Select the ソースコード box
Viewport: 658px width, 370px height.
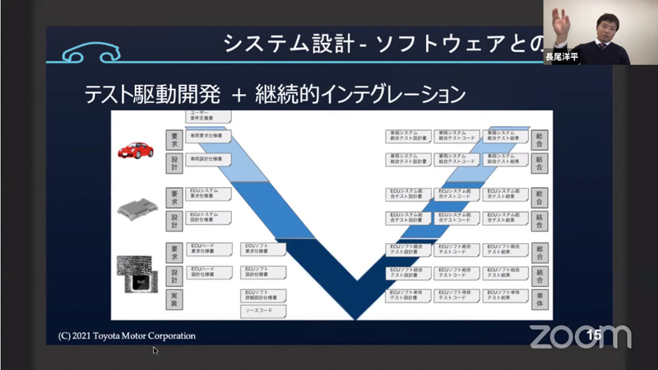coord(263,311)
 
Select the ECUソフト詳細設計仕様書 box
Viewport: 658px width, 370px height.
coord(263,294)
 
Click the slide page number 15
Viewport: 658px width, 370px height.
coord(594,334)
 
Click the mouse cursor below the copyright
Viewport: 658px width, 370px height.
coord(155,350)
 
